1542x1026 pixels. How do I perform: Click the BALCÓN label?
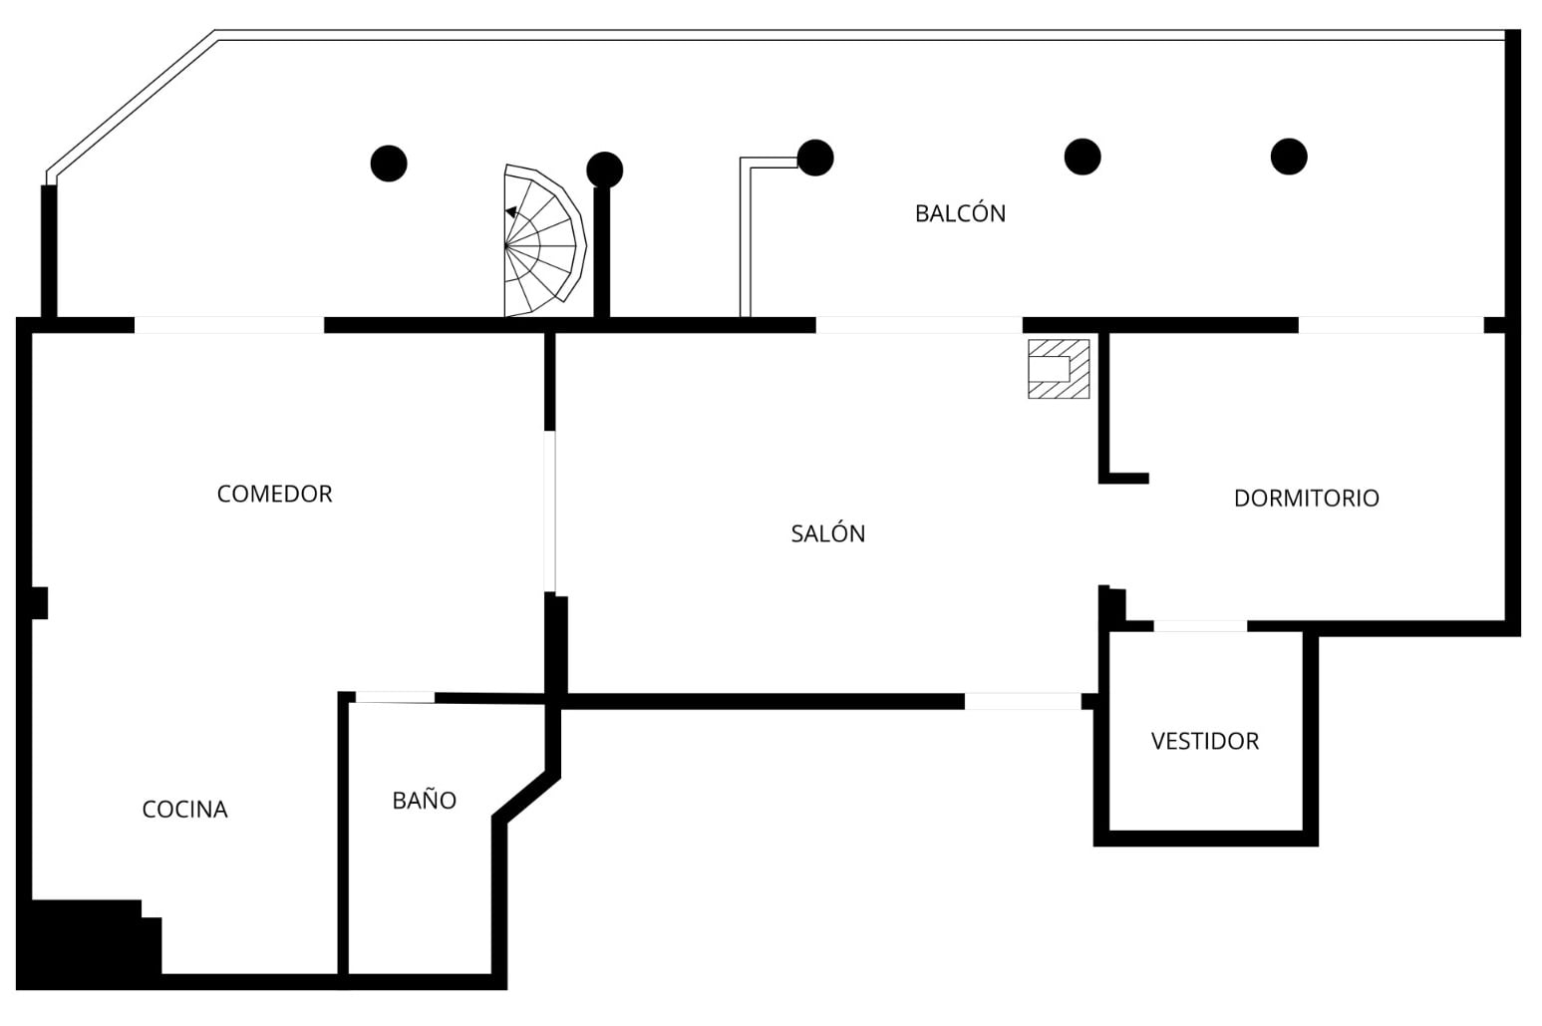(x=960, y=212)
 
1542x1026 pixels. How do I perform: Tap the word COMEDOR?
(x=275, y=494)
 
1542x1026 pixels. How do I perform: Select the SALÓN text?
(x=828, y=533)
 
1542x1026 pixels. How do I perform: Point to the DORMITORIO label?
(x=1307, y=498)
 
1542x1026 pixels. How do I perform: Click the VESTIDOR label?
(x=1205, y=741)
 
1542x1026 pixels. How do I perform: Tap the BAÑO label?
(x=424, y=800)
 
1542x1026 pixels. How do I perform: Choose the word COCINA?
(x=184, y=809)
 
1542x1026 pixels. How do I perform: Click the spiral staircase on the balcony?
(x=544, y=241)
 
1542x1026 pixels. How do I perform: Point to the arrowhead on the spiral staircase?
(x=511, y=212)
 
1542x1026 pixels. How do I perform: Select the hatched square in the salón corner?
(x=1059, y=369)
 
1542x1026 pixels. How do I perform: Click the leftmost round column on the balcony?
(x=389, y=164)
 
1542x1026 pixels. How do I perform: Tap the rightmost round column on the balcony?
(x=1289, y=157)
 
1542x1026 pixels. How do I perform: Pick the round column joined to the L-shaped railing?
(x=815, y=158)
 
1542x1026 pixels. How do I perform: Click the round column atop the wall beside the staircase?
(x=604, y=170)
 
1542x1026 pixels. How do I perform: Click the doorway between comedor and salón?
(x=549, y=511)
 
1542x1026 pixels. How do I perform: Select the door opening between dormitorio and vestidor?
(x=1200, y=626)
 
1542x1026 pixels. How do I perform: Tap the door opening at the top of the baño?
(x=395, y=698)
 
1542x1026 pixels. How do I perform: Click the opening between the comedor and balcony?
(x=229, y=325)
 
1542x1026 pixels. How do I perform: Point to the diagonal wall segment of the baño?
(x=526, y=797)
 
